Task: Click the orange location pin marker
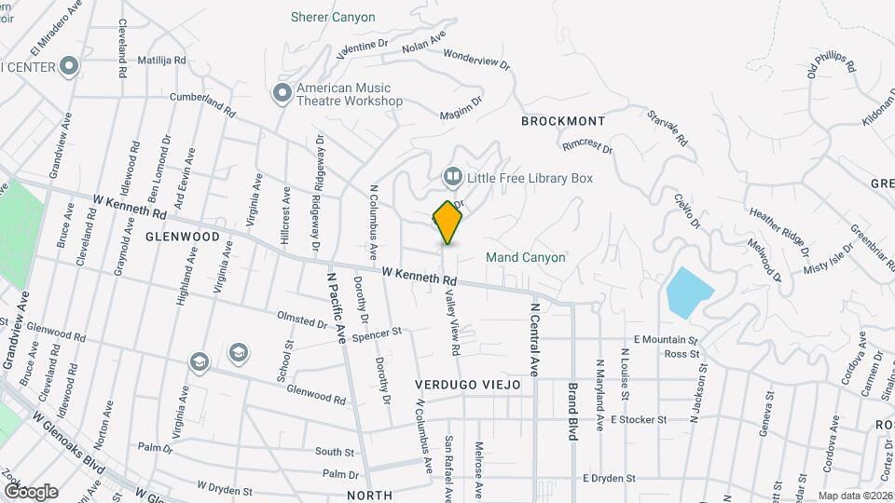447,223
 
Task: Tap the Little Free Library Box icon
451,176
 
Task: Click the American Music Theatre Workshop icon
282,94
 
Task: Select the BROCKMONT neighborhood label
563,121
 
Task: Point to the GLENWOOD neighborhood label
183,237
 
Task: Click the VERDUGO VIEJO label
468,385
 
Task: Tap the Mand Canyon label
525,257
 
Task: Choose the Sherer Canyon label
333,17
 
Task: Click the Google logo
30,491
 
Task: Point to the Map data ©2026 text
855,496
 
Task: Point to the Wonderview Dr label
477,59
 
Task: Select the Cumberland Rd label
201,102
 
